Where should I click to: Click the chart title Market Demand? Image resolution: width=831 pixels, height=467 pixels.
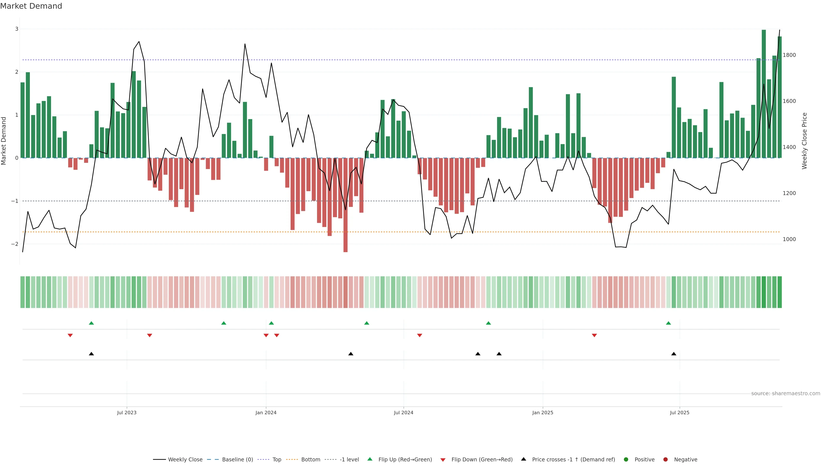(x=31, y=6)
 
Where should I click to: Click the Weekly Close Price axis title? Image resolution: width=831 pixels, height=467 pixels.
(x=804, y=141)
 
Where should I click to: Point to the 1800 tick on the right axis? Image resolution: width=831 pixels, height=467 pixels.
(x=789, y=55)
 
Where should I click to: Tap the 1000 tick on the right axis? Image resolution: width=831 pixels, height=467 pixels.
(x=789, y=239)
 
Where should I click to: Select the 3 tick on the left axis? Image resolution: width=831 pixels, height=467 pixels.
(x=17, y=29)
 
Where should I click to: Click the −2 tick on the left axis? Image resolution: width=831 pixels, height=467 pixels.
(x=15, y=244)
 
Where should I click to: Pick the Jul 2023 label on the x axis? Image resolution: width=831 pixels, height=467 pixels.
(x=127, y=413)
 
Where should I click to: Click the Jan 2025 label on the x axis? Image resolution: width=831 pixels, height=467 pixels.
(x=543, y=413)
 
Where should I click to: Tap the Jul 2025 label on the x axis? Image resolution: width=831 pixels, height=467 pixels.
(x=679, y=413)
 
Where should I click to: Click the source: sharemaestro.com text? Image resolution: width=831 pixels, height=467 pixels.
(x=786, y=393)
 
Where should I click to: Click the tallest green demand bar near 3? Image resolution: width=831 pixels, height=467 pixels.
(x=763, y=93)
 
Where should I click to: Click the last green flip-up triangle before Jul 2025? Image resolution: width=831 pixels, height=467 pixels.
(x=668, y=323)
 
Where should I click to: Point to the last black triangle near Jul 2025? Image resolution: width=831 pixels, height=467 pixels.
(x=674, y=354)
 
